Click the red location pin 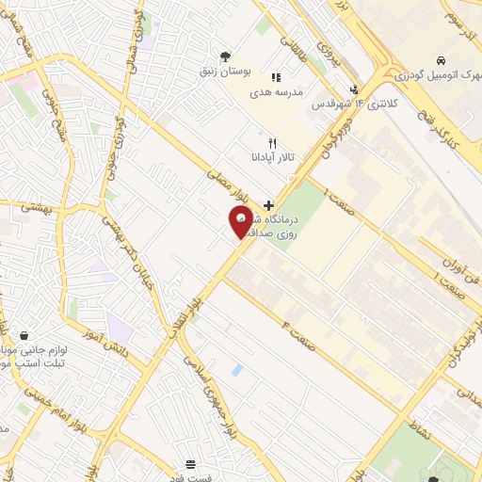pyautogui.click(x=241, y=221)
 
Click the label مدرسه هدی pyautogui.click(x=273, y=93)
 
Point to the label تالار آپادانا pyautogui.click(x=272, y=157)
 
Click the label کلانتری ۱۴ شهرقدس pyautogui.click(x=353, y=105)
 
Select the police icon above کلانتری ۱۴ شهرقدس pyautogui.click(x=355, y=90)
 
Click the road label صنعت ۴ pyautogui.click(x=298, y=335)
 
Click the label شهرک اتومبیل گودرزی pyautogui.click(x=426, y=73)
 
